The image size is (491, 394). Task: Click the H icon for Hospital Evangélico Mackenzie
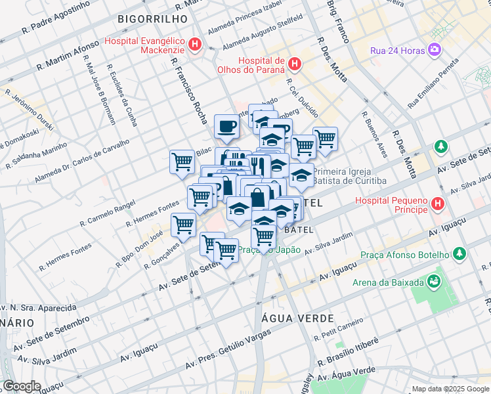point(195,45)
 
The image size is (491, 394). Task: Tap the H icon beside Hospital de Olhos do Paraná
point(295,65)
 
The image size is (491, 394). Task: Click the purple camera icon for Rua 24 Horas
point(434,49)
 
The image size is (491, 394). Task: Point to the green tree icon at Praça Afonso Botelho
point(459,253)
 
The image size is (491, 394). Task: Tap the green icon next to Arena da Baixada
point(433,282)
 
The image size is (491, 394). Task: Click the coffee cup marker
point(226,126)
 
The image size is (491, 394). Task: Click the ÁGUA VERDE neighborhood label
point(289,317)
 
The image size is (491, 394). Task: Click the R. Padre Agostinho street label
point(55,18)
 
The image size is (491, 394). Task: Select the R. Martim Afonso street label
point(68,56)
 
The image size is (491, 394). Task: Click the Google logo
point(22,386)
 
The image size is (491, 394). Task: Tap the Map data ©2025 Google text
point(450,389)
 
